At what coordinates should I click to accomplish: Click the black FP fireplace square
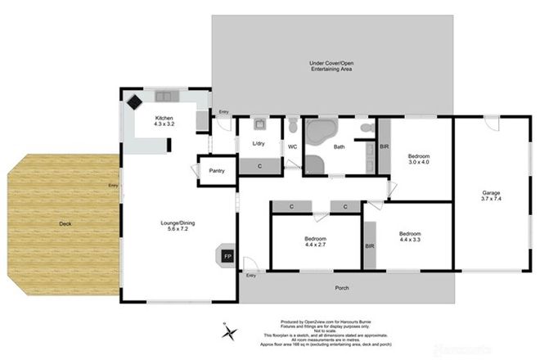[228, 256]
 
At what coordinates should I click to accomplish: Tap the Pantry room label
[217, 171]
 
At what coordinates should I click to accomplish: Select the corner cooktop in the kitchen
[134, 104]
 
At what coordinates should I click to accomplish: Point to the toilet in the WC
[292, 126]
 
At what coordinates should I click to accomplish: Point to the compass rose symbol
[230, 331]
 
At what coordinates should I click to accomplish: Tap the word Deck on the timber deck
[65, 223]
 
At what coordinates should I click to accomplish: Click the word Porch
[343, 287]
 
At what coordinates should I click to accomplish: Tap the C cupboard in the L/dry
[259, 164]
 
